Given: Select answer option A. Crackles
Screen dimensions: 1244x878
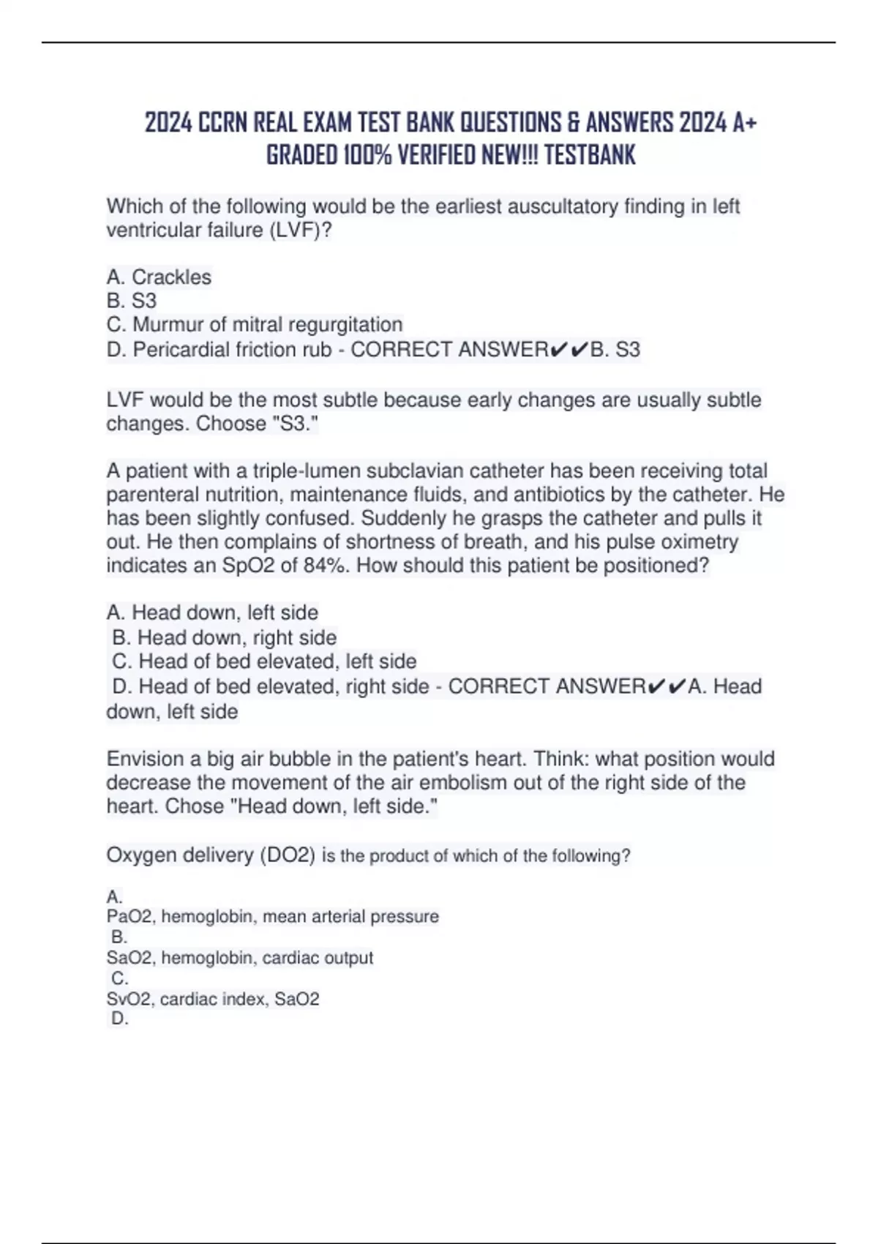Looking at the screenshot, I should click(x=159, y=277).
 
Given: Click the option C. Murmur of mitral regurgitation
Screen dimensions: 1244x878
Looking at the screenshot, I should click(x=254, y=324).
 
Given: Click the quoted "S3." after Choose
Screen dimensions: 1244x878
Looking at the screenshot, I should click(x=292, y=424).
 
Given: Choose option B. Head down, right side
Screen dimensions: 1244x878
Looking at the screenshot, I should click(x=225, y=637).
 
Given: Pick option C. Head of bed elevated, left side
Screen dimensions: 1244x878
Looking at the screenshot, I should click(x=264, y=662).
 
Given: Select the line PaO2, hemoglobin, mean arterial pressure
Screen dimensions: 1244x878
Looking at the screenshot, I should click(x=272, y=916).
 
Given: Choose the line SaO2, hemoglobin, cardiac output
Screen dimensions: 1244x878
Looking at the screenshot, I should click(x=239, y=958).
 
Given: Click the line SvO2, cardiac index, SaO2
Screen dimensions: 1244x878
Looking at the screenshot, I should click(x=213, y=999).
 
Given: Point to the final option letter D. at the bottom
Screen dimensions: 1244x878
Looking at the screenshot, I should click(x=119, y=1019).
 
